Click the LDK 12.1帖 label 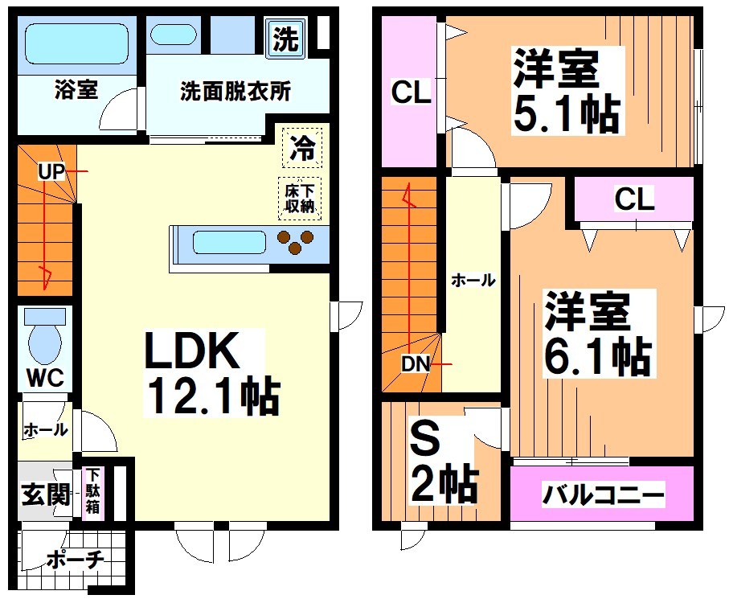point(211,374)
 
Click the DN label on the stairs point(416,363)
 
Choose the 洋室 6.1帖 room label point(596,334)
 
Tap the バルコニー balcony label point(602,494)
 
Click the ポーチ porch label point(73,560)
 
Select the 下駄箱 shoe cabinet point(93,491)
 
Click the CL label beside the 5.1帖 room point(411,93)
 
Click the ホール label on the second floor point(473,280)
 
